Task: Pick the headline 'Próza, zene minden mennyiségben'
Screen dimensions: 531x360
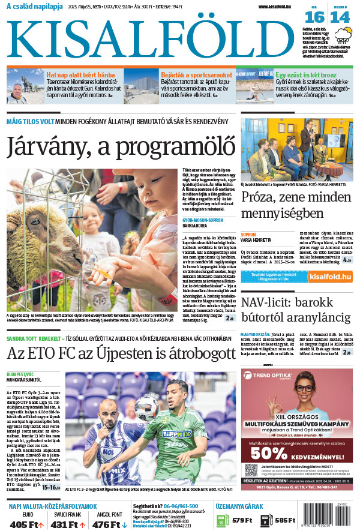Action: [x=296, y=205]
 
